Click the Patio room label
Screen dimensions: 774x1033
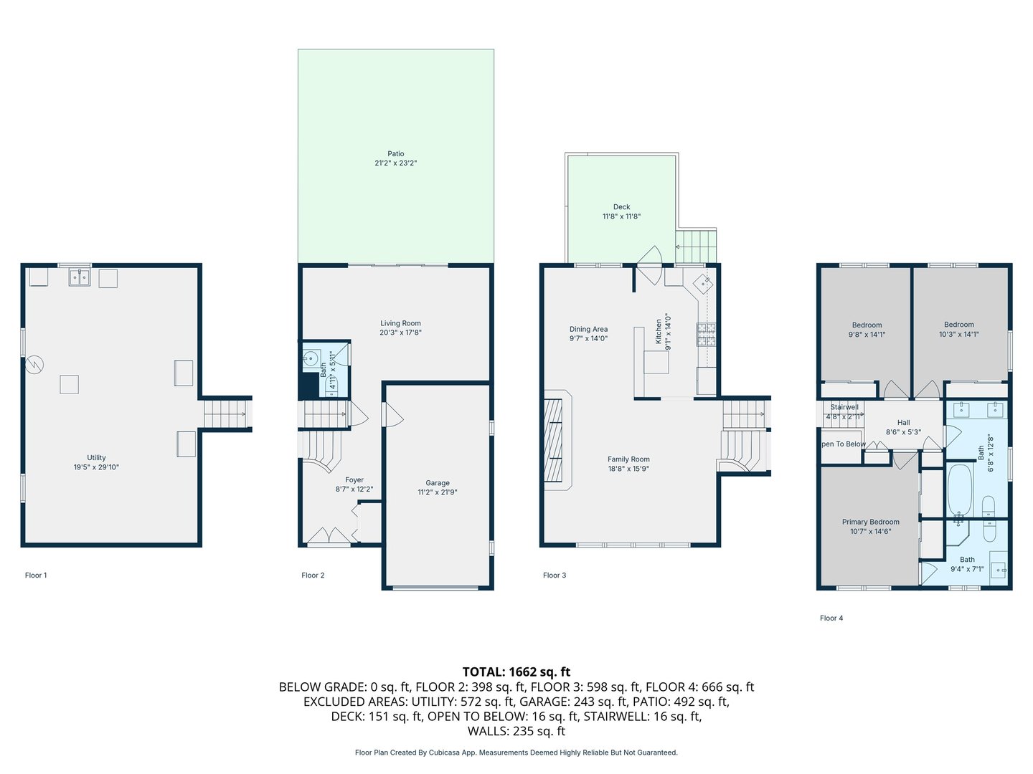(395, 153)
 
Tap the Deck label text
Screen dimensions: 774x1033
(621, 206)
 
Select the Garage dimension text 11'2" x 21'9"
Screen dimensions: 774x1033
(437, 492)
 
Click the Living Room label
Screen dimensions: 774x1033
(400, 323)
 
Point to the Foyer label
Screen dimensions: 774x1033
(354, 480)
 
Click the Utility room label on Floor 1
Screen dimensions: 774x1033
(96, 457)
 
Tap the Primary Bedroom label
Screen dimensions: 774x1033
(870, 522)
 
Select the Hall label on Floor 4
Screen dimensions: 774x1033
(903, 423)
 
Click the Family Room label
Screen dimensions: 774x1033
(628, 459)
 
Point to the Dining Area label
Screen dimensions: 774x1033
(588, 329)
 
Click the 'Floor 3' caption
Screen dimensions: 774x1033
(554, 575)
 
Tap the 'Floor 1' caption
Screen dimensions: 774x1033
(36, 575)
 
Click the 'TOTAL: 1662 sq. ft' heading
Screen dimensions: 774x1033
(516, 672)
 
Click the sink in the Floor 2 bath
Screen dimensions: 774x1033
(311, 358)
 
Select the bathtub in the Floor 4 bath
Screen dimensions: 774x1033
(959, 491)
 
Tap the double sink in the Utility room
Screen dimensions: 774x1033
(79, 277)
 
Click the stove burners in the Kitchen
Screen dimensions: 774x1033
(706, 335)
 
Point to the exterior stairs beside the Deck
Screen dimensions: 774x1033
(697, 247)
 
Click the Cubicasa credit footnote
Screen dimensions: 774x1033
(516, 752)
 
